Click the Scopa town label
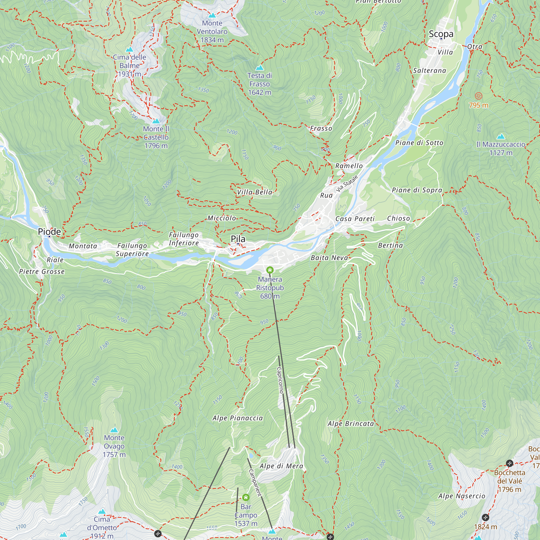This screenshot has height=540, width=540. [x=441, y=34]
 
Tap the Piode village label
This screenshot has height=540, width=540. [x=49, y=231]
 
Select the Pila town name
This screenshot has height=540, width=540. [x=238, y=239]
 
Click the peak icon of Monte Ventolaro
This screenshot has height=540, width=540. [x=212, y=15]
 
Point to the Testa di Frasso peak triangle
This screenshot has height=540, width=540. [x=260, y=68]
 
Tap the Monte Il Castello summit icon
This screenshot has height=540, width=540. [x=156, y=121]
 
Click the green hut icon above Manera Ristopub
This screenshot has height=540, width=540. [x=270, y=270]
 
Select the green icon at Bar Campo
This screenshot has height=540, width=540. [x=246, y=498]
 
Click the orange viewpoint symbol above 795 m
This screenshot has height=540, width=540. [x=478, y=96]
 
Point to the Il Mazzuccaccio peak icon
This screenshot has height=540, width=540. [x=501, y=136]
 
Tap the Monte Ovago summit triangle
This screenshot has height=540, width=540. [x=114, y=430]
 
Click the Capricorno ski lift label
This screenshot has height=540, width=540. [x=280, y=380]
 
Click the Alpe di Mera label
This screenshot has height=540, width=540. [x=281, y=466]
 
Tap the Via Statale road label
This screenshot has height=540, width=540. [x=347, y=183]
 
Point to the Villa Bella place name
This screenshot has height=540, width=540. [x=255, y=192]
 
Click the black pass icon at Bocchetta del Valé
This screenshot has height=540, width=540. [x=509, y=463]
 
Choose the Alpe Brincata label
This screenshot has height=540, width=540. [x=350, y=424]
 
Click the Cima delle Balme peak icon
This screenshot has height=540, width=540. [x=129, y=50]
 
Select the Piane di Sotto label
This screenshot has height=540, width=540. [x=419, y=143]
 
